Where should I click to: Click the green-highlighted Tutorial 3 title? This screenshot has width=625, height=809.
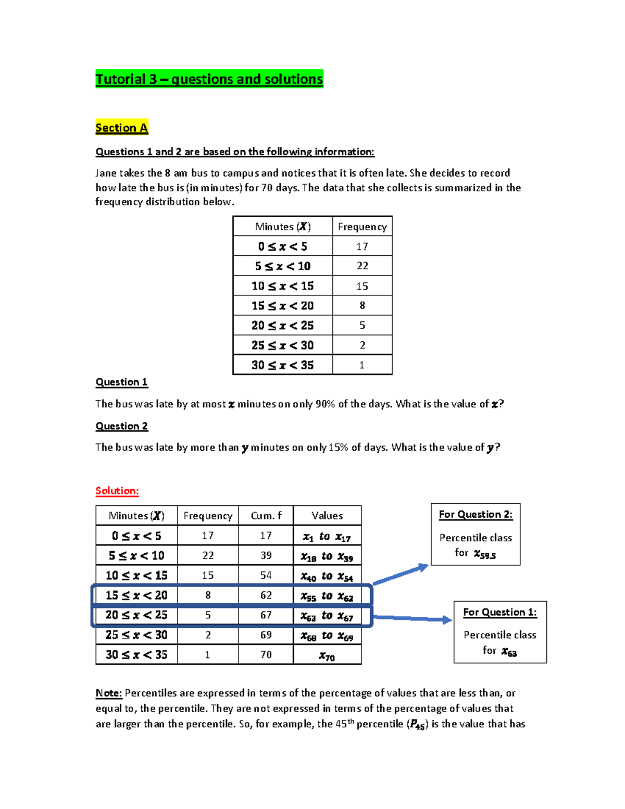(x=209, y=79)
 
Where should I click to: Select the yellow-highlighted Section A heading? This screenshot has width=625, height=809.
(x=122, y=128)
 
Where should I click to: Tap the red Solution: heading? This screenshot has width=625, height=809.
(x=117, y=491)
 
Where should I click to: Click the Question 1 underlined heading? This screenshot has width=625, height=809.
(x=121, y=382)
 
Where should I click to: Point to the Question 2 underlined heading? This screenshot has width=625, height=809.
(x=121, y=426)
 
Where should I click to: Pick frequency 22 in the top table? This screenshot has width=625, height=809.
(x=362, y=266)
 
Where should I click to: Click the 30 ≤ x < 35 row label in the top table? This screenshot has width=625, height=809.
(x=282, y=365)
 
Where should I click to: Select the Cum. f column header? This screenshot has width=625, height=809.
(x=266, y=516)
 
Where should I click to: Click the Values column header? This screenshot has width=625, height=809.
(x=327, y=516)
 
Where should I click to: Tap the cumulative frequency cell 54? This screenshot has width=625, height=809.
(x=266, y=575)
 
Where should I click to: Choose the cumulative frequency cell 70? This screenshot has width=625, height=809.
(x=266, y=654)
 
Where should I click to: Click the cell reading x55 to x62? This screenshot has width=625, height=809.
(x=327, y=596)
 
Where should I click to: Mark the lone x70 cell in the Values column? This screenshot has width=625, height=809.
(x=327, y=656)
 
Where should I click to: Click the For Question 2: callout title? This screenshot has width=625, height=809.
(x=476, y=515)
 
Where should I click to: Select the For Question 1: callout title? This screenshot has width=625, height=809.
(x=500, y=612)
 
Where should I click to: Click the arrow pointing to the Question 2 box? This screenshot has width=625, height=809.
(x=401, y=575)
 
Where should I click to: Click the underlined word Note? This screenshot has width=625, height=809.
(x=109, y=693)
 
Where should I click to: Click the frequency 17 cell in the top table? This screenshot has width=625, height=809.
(x=362, y=246)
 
